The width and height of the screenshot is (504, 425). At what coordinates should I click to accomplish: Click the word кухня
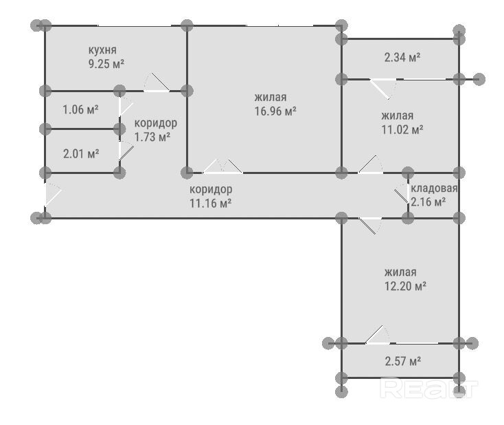tap(102, 50)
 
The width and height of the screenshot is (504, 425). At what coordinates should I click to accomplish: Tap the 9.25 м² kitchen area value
tap(106, 64)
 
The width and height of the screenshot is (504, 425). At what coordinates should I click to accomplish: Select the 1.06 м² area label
tap(80, 110)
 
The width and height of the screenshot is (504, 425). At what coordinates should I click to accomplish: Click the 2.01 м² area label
tap(81, 153)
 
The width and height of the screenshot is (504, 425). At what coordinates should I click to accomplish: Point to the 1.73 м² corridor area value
tap(152, 137)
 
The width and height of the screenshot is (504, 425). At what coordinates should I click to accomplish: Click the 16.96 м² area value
tap(275, 111)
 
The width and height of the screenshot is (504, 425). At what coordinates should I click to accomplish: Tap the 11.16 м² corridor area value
tap(211, 203)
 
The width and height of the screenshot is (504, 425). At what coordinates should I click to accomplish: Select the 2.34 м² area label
tap(402, 57)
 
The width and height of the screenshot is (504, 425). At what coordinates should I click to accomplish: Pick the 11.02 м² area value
tap(402, 129)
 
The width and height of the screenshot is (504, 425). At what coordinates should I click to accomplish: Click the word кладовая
tap(434, 188)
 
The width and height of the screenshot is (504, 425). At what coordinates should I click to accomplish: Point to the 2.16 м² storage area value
tap(428, 202)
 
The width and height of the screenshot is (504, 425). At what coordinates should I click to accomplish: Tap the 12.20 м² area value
tap(406, 286)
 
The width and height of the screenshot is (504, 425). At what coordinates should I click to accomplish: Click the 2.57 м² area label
tap(403, 361)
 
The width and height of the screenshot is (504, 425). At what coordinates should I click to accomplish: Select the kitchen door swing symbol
tap(157, 83)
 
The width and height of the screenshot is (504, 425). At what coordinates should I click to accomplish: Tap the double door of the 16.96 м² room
tap(222, 166)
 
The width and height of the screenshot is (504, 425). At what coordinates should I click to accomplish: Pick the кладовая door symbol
tap(402, 194)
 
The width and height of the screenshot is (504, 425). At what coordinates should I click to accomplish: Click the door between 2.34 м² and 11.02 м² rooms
tap(382, 89)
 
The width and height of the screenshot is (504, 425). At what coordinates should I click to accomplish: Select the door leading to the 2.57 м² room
tap(378, 335)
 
